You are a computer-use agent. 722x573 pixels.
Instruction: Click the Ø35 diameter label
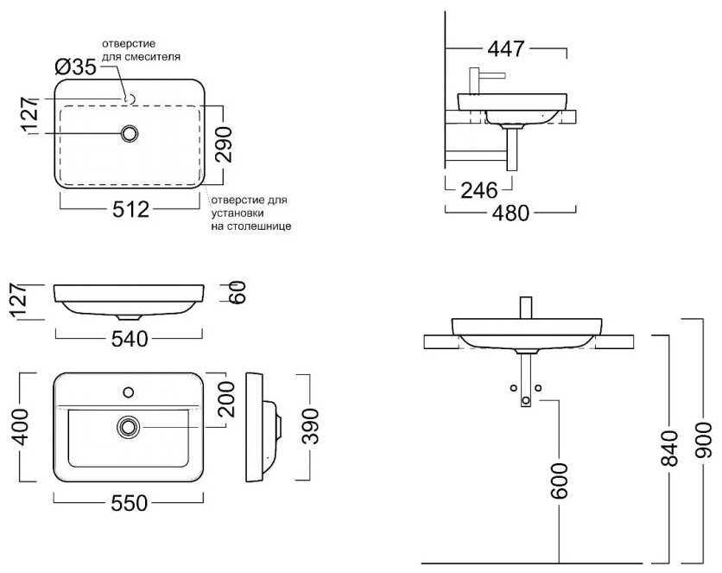click(x=75, y=67)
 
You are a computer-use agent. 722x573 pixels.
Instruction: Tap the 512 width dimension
click(x=130, y=209)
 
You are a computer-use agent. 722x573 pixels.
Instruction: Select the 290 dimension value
click(x=225, y=144)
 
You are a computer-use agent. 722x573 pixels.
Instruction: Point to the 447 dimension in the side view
click(x=505, y=48)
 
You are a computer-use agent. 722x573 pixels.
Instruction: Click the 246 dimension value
click(x=479, y=190)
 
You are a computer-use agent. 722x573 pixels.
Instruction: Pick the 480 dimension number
click(x=510, y=213)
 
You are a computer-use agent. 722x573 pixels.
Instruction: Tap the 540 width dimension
click(x=130, y=339)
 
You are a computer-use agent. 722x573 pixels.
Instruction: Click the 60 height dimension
click(x=238, y=292)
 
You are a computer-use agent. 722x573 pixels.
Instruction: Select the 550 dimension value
click(x=130, y=503)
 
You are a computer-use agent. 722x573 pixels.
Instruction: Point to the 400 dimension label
click(x=20, y=427)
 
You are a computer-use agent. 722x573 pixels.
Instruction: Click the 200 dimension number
click(x=226, y=399)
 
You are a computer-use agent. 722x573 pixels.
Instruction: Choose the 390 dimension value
click(x=310, y=426)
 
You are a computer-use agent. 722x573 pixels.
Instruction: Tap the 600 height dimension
click(x=559, y=481)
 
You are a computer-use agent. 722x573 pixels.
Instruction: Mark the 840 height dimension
click(x=669, y=449)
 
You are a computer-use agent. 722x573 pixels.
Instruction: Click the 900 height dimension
click(x=703, y=440)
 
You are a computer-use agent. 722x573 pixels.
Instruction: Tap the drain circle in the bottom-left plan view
click(x=129, y=427)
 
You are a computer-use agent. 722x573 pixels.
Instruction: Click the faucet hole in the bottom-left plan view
click(x=129, y=392)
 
